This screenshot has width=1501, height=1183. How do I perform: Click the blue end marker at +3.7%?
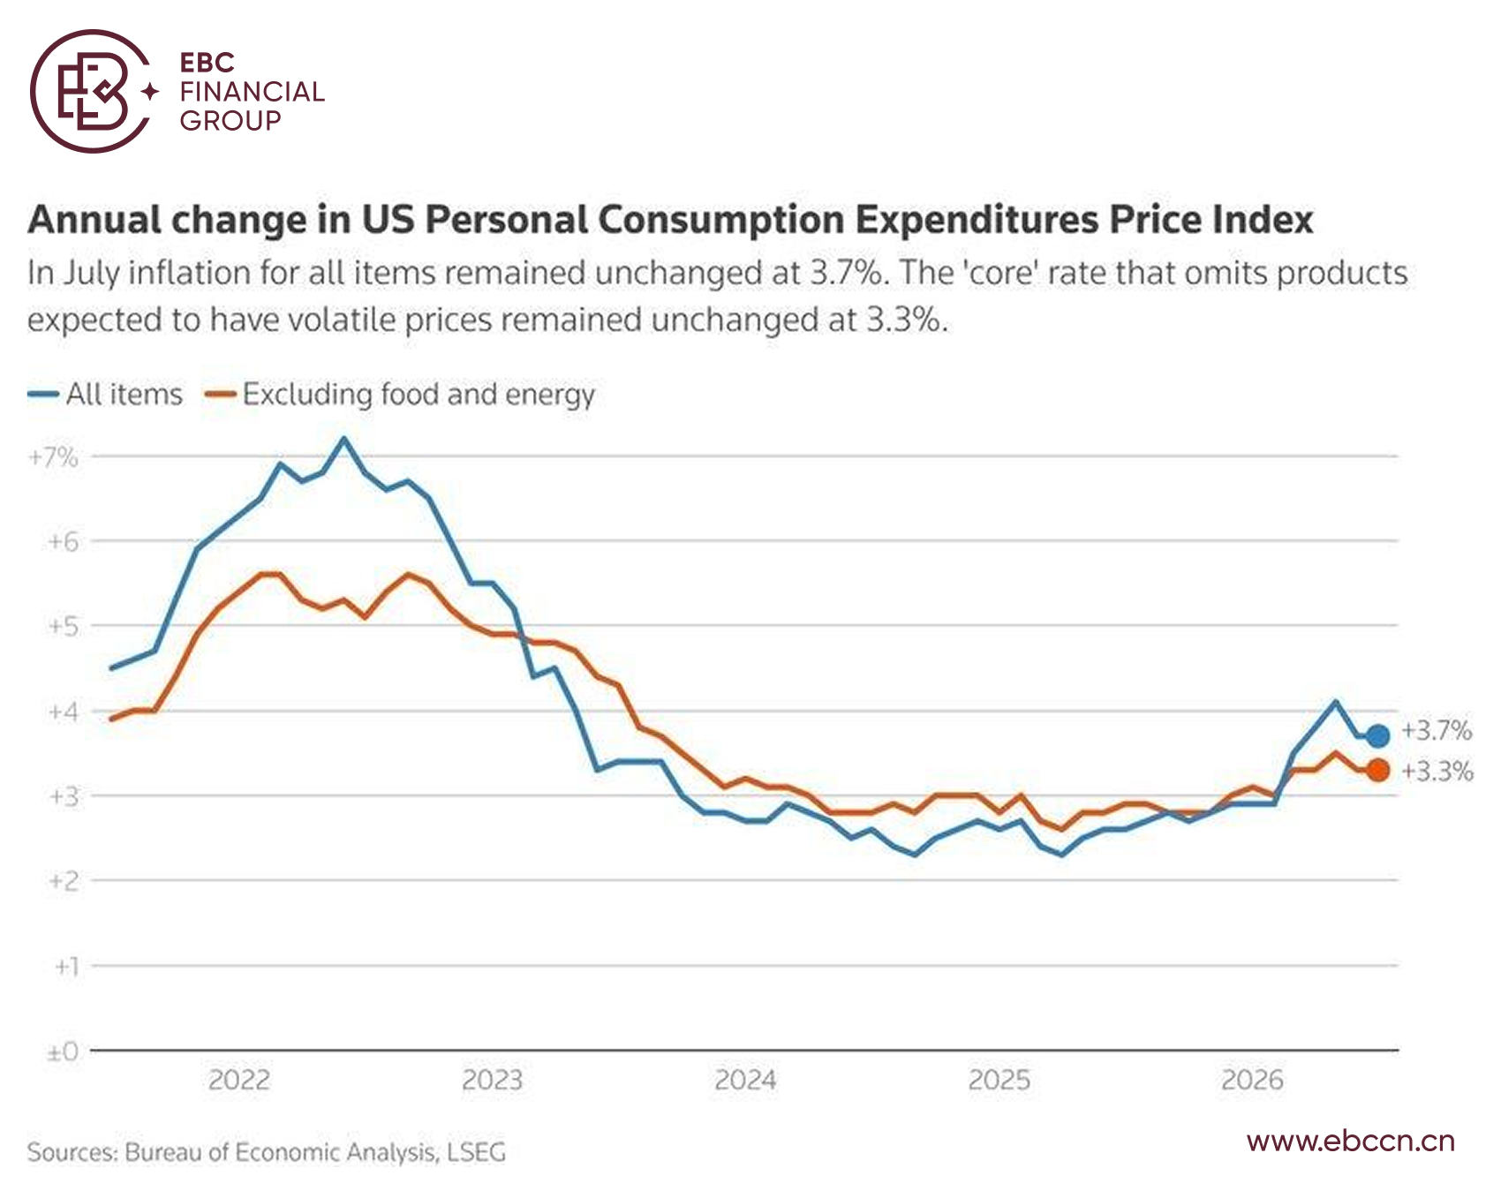pyautogui.click(x=1377, y=735)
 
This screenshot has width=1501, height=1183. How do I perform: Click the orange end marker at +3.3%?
pyautogui.click(x=1377, y=770)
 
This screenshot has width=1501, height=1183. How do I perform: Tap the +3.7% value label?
pyautogui.click(x=1437, y=731)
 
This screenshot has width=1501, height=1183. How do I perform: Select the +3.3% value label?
pyautogui.click(x=1437, y=772)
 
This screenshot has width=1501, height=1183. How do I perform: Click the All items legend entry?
pyautogui.click(x=105, y=394)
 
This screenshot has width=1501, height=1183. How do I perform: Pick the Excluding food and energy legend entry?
pyautogui.click(x=399, y=395)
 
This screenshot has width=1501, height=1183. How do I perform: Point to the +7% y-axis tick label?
pyautogui.click(x=53, y=457)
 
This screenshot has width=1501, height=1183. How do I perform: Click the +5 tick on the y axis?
pyautogui.click(x=63, y=627)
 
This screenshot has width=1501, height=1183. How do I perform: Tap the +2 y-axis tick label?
pyautogui.click(x=63, y=881)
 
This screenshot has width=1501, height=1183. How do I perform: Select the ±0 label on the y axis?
pyautogui.click(x=63, y=1051)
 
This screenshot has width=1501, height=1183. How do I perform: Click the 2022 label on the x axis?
pyautogui.click(x=238, y=1080)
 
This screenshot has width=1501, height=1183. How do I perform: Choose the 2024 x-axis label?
pyautogui.click(x=745, y=1080)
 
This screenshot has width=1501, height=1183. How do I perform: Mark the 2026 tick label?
pyautogui.click(x=1252, y=1080)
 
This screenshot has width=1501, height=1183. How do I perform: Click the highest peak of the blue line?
pyautogui.click(x=343, y=439)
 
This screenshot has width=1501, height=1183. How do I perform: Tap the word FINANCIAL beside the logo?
pyautogui.click(x=253, y=92)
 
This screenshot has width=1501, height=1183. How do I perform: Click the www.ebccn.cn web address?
pyautogui.click(x=1351, y=1142)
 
